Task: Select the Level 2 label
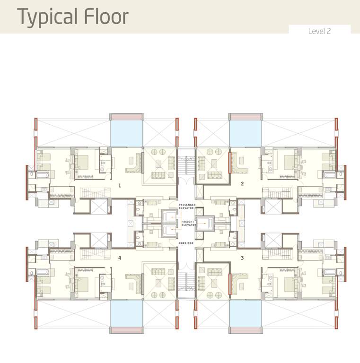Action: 319,31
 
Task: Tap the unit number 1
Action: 120,185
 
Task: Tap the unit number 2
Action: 242,184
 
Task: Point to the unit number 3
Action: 242,258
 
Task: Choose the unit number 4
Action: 120,258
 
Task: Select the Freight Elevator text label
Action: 188,224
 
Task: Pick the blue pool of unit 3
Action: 246,313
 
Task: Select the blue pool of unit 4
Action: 127,313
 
